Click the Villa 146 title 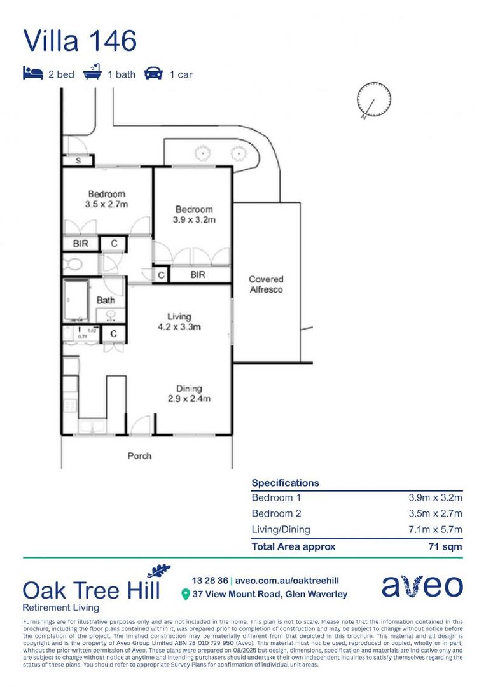coord(80,41)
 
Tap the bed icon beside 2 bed coord(32,74)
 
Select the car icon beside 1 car coord(153,74)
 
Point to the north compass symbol coord(373,101)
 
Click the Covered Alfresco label coord(266,284)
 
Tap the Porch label coord(140,455)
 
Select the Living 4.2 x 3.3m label coord(179,322)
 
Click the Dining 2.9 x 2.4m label coord(189,394)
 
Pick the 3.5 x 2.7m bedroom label coord(107,199)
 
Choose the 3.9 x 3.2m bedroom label coord(194,214)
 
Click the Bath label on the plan coord(105,300)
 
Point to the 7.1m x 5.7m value coord(435,529)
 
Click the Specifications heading coord(285,483)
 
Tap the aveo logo coord(422,586)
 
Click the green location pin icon coord(186,594)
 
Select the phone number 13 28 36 coord(210,580)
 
